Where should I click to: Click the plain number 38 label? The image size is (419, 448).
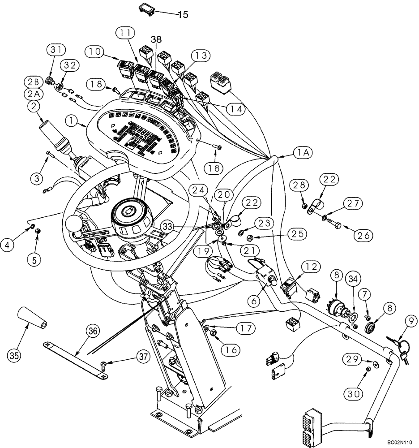click(x=156, y=39)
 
